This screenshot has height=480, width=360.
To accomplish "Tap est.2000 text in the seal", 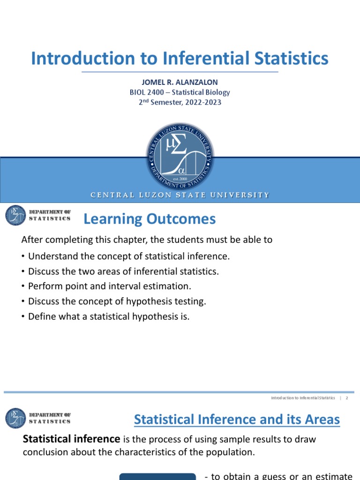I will (x=180, y=179).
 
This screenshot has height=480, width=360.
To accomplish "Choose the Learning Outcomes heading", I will (x=150, y=219).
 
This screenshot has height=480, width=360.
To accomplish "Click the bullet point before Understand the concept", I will (x=23, y=256).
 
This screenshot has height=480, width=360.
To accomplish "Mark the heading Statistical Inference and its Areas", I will (x=237, y=419).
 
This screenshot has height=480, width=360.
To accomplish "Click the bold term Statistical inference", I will (x=72, y=439).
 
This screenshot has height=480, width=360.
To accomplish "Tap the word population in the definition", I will (x=231, y=451).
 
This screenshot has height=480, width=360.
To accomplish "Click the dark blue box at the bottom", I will (x=157, y=476).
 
